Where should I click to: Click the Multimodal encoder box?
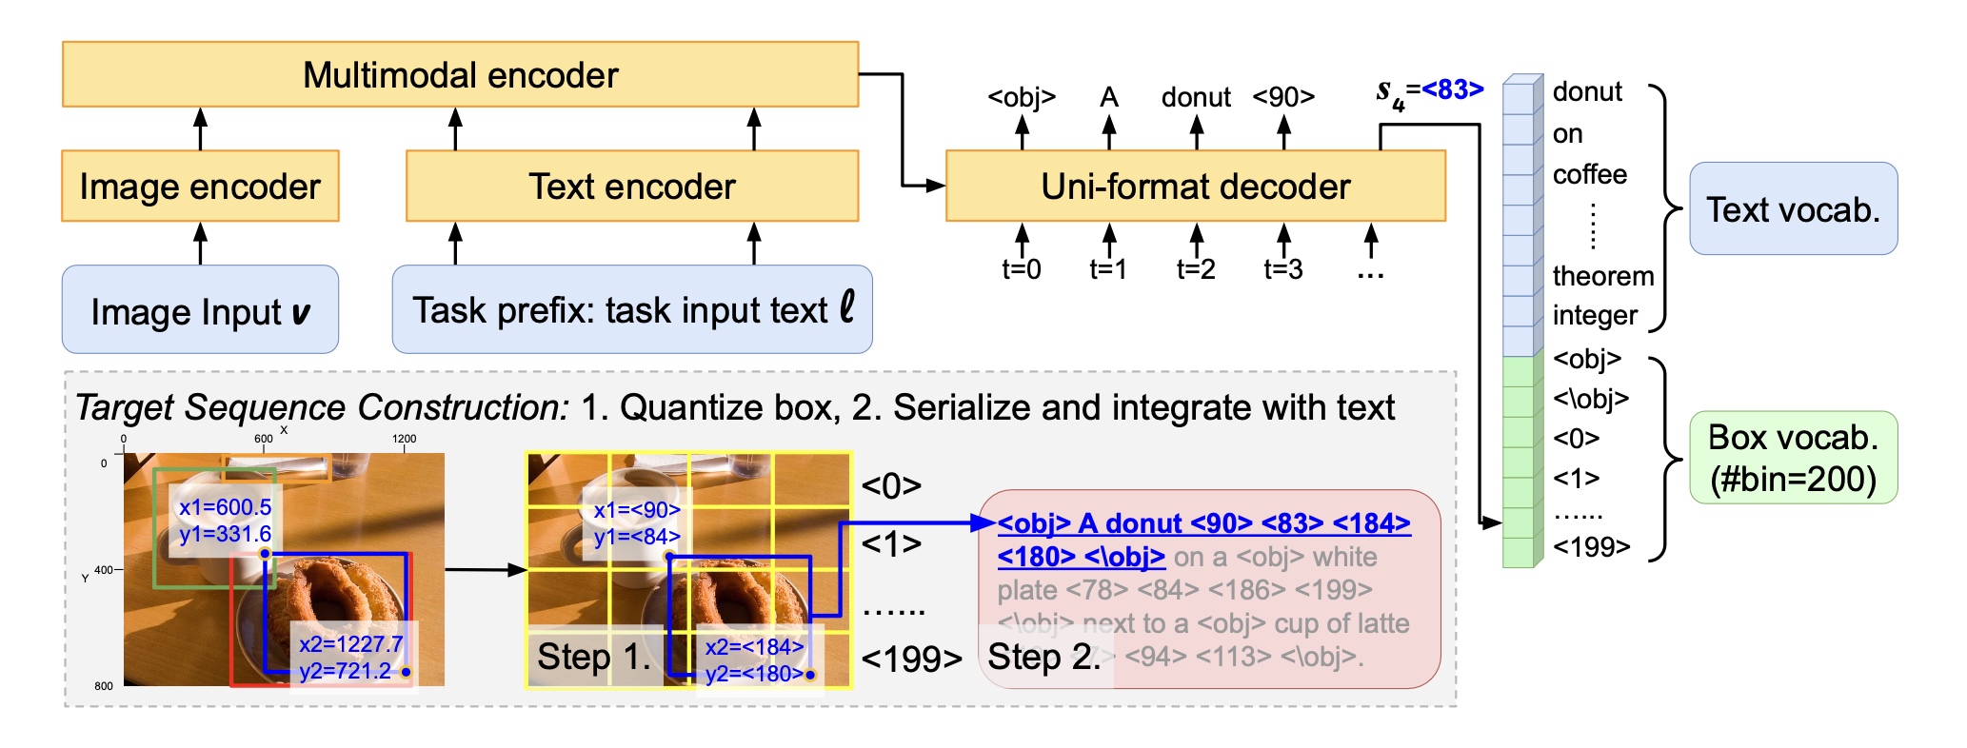[x=460, y=74]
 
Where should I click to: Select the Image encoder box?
[x=200, y=187]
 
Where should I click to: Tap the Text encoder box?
[x=632, y=187]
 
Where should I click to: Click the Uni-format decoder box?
[x=1195, y=187]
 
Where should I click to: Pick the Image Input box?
[x=200, y=310]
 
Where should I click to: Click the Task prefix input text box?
[x=632, y=310]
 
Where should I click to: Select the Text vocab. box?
[x=1793, y=209]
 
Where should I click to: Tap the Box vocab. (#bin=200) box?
[x=1793, y=458]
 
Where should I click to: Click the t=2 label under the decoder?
[x=1196, y=270]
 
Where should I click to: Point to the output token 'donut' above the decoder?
[x=1196, y=97]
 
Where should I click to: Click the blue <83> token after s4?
[x=1453, y=89]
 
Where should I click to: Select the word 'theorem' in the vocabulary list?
[x=1603, y=276]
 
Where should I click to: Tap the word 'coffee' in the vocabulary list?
[x=1589, y=175]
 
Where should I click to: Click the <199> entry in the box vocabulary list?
[x=1591, y=547]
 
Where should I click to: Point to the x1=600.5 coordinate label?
[x=225, y=508]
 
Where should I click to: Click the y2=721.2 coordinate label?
[x=345, y=671]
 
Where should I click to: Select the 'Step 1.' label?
[x=594, y=657]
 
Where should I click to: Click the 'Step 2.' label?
[x=1044, y=657]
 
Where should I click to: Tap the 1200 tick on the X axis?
[x=404, y=439]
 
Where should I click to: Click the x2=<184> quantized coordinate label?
[x=754, y=647]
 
